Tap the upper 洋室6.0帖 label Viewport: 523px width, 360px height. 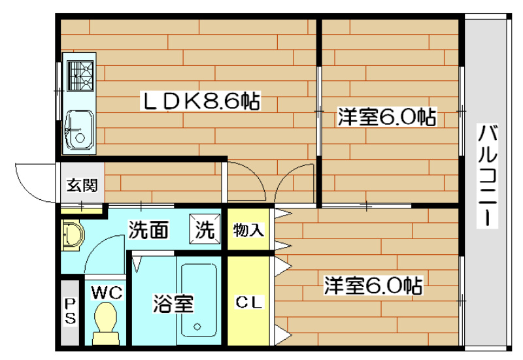pos(386,118)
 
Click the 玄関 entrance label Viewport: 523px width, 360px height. pos(82,185)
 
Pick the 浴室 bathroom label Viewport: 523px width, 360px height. pos(173,304)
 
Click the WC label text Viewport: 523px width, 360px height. pos(107,292)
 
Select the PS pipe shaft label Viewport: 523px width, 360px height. pos(70,312)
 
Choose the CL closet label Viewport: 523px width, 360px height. pos(249,303)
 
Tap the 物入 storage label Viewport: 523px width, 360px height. pos(248,230)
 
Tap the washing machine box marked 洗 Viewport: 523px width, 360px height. pos(205,229)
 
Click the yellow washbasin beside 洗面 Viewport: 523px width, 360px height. pos(72,235)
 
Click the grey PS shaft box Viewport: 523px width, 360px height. pos(69,312)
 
